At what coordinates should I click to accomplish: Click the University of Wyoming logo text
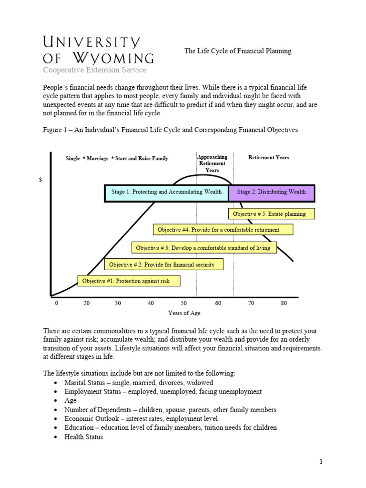(x=99, y=50)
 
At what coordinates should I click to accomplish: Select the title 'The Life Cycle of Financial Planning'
(x=238, y=51)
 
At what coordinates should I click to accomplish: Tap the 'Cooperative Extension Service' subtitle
(x=95, y=70)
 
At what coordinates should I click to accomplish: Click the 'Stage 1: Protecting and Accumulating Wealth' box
(x=166, y=192)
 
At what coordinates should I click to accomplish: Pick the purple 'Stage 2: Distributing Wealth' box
(x=271, y=192)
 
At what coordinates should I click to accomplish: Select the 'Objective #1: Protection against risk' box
(x=129, y=281)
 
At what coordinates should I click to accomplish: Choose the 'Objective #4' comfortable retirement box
(x=223, y=230)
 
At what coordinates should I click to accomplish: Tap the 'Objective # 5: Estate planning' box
(x=266, y=214)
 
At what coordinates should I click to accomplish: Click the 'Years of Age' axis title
(x=184, y=313)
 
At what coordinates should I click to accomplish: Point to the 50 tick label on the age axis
(x=184, y=303)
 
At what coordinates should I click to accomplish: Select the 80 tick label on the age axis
(x=284, y=303)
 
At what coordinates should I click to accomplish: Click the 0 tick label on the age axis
(x=56, y=303)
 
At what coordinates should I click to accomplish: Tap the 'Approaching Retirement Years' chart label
(x=212, y=163)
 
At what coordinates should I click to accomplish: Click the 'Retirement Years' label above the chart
(x=269, y=158)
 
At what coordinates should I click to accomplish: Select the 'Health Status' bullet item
(x=83, y=437)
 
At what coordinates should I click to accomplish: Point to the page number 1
(x=321, y=461)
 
